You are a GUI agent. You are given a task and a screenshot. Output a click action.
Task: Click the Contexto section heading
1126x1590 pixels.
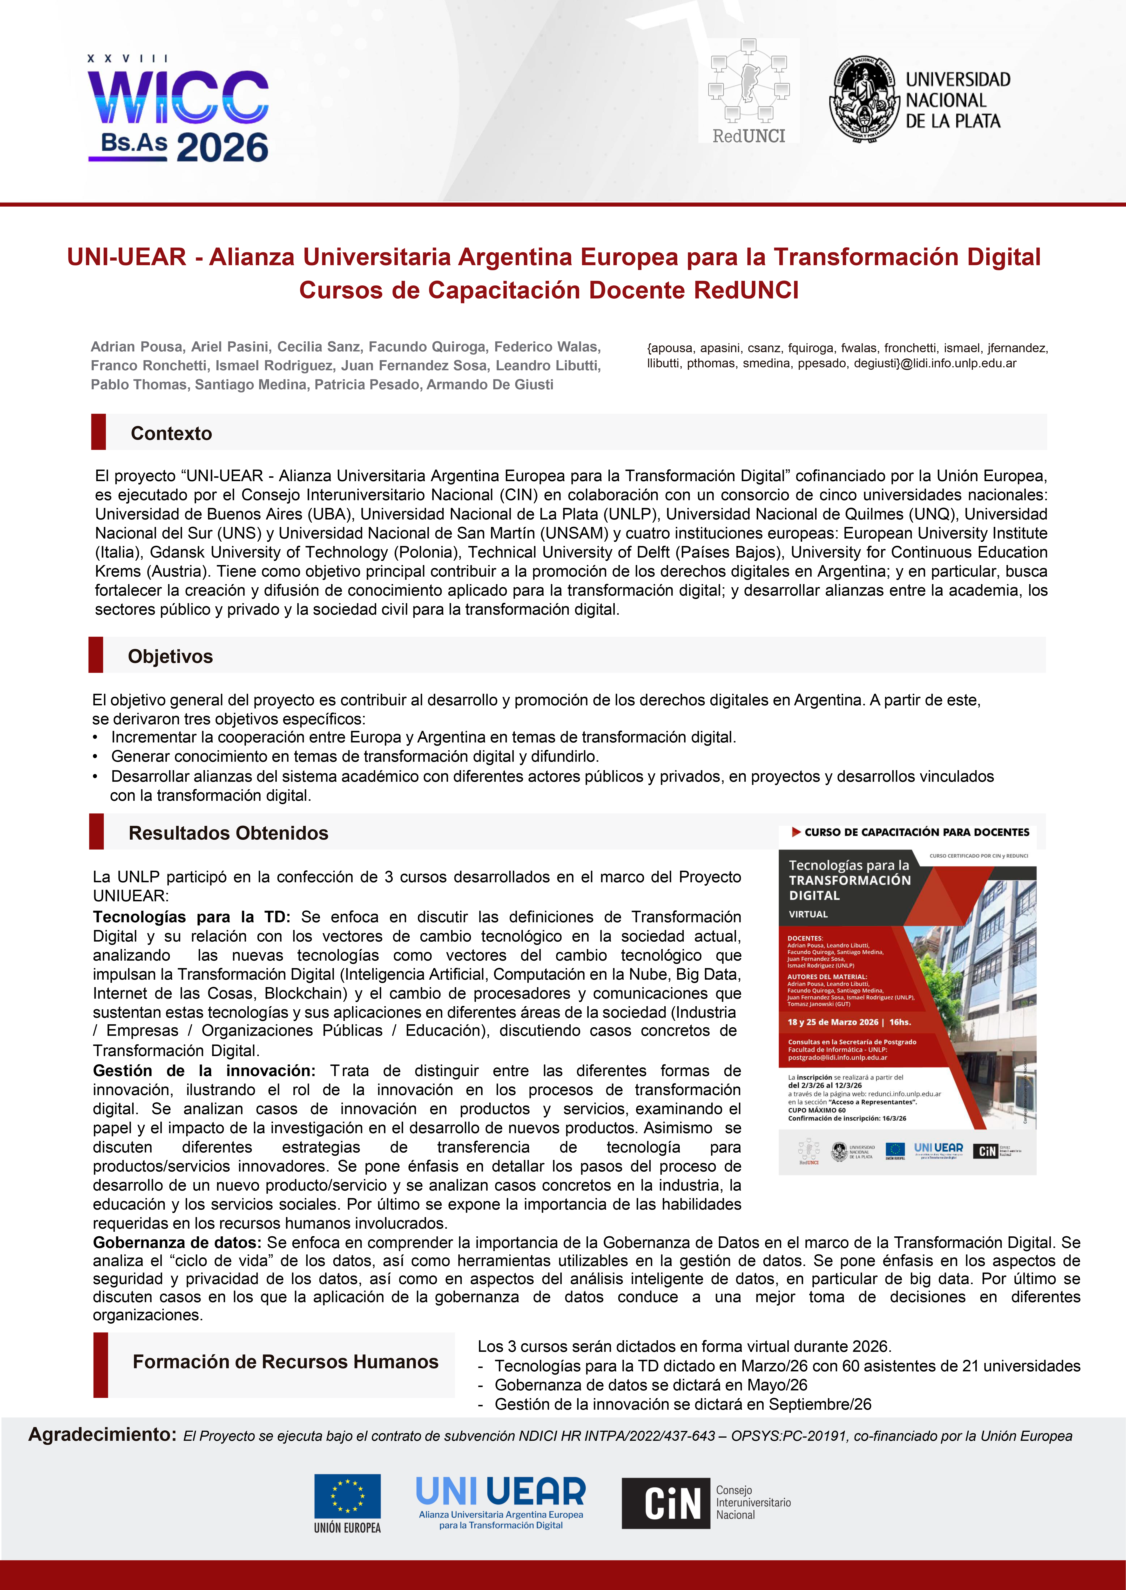coord(171,433)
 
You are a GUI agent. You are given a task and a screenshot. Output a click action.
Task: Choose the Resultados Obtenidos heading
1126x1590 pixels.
coord(228,833)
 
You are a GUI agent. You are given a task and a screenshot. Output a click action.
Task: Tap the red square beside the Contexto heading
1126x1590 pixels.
coord(98,431)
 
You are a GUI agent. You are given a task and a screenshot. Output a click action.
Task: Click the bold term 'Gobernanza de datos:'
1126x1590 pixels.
coord(177,1242)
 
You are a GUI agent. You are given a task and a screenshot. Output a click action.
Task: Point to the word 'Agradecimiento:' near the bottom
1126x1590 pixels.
coord(102,1434)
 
